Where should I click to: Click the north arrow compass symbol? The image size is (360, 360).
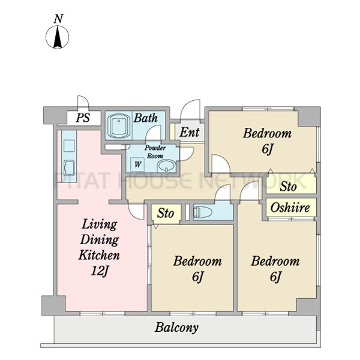pos(58,37)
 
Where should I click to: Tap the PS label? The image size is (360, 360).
pos(83,118)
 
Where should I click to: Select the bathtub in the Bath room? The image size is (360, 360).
pos(119,125)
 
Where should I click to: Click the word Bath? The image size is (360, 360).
pos(146,118)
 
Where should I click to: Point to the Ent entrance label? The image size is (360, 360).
pos(190,132)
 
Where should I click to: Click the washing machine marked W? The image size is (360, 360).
pos(137,164)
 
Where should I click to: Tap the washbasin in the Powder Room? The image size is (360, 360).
pos(166,166)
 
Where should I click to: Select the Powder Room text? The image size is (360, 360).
pos(155,152)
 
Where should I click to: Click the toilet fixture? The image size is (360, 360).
pos(203,212)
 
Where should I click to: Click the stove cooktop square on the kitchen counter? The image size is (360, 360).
pos(69,146)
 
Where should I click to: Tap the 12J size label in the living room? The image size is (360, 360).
pos(100,271)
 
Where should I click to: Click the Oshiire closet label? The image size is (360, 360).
pos(290,208)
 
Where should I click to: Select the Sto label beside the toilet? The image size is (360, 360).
pos(166,213)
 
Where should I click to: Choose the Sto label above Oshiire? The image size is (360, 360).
pos(288,187)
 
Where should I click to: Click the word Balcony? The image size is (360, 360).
pos(176,328)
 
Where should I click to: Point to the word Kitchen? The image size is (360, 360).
pos(99,255)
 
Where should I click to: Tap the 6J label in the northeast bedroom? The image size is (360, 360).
pos(267,149)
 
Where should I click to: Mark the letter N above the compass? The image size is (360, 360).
pos(58,19)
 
